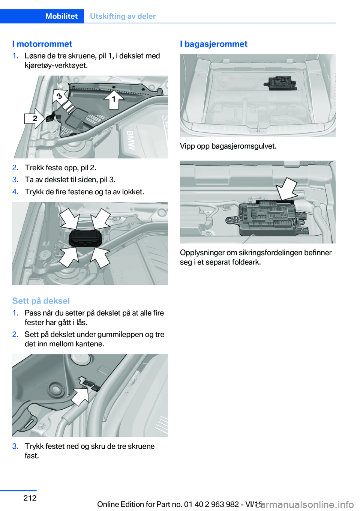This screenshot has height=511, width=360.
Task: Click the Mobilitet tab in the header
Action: point(61,16)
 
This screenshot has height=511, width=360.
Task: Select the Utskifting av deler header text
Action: point(123,16)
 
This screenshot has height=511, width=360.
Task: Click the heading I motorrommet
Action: point(42,44)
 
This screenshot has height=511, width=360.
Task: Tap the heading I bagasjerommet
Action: point(213,44)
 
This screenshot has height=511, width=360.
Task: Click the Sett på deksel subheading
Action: point(41,301)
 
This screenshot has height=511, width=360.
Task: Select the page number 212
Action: point(30,498)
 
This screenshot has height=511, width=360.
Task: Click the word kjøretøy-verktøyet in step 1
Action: point(56,65)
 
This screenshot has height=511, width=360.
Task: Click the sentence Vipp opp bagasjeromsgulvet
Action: point(228,146)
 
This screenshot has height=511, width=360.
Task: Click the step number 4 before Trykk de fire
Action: point(15,192)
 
